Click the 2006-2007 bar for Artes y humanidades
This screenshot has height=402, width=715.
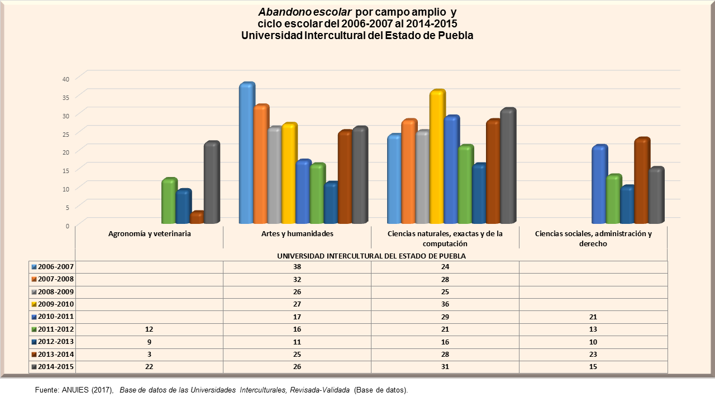[x=246, y=154]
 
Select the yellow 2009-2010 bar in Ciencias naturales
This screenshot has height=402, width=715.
[x=437, y=157]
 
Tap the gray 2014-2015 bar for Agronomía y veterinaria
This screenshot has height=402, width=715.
[x=211, y=183]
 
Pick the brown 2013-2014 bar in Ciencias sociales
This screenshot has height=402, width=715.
[x=642, y=181]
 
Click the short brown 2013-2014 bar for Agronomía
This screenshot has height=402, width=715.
[x=197, y=218]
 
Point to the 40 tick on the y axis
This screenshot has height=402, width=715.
[x=65, y=79]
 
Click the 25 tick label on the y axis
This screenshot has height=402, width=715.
[x=65, y=133]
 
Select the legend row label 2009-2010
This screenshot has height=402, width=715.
[x=56, y=304]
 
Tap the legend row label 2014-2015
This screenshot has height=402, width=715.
[x=56, y=367]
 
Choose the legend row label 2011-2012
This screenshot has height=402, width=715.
[x=56, y=329]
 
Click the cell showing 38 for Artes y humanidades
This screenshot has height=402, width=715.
[x=297, y=267]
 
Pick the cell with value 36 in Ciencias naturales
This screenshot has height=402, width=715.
[x=445, y=304]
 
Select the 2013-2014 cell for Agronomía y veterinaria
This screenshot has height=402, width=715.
[x=149, y=355]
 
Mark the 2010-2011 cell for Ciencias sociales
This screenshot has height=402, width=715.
[x=593, y=317]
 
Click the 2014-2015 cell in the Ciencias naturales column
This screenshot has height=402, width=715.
[x=445, y=367]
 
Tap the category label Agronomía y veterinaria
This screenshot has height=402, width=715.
[x=150, y=234]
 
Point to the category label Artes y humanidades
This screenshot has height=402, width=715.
[x=297, y=234]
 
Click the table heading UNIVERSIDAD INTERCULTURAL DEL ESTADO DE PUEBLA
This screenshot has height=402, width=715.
[x=371, y=256]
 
